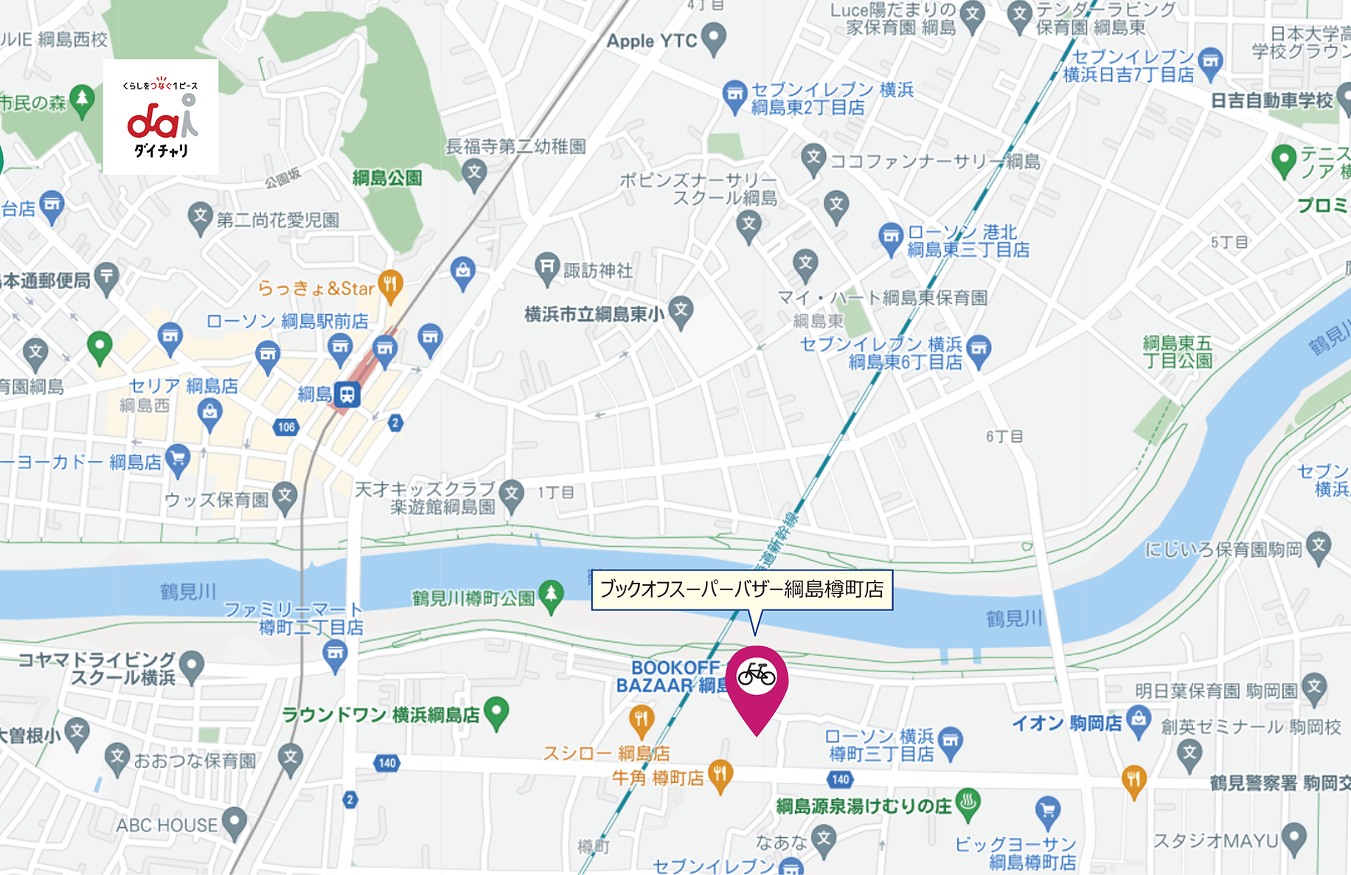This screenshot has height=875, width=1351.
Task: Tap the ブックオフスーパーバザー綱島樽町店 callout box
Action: click(742, 589)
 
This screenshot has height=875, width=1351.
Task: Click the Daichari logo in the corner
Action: click(161, 117)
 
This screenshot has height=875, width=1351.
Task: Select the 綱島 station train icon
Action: click(347, 394)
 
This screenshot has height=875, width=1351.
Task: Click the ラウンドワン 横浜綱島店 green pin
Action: click(497, 712)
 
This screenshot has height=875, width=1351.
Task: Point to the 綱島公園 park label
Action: click(387, 178)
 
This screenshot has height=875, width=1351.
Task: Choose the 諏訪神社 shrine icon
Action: click(547, 268)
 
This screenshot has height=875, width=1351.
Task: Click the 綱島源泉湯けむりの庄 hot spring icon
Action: click(968, 803)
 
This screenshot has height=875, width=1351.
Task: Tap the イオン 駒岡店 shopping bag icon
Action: click(1139, 719)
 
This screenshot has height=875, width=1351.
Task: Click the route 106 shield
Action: click(286, 426)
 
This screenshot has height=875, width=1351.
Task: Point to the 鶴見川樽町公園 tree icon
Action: click(551, 595)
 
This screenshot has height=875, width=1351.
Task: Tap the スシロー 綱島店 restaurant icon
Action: click(641, 719)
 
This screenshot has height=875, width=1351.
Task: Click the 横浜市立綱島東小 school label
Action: click(594, 315)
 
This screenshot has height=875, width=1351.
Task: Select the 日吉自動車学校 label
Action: click(1271, 101)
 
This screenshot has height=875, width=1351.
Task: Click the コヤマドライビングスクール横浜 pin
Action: click(192, 665)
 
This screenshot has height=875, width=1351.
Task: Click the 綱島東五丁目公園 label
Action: click(1177, 352)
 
